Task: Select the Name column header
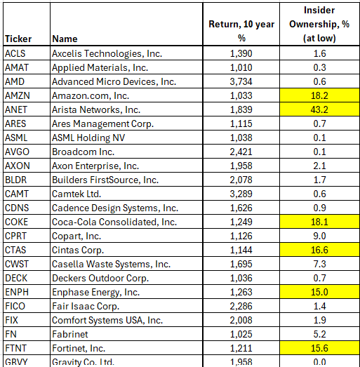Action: tap(64, 39)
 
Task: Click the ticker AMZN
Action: tap(18, 95)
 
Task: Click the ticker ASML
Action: tap(17, 138)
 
